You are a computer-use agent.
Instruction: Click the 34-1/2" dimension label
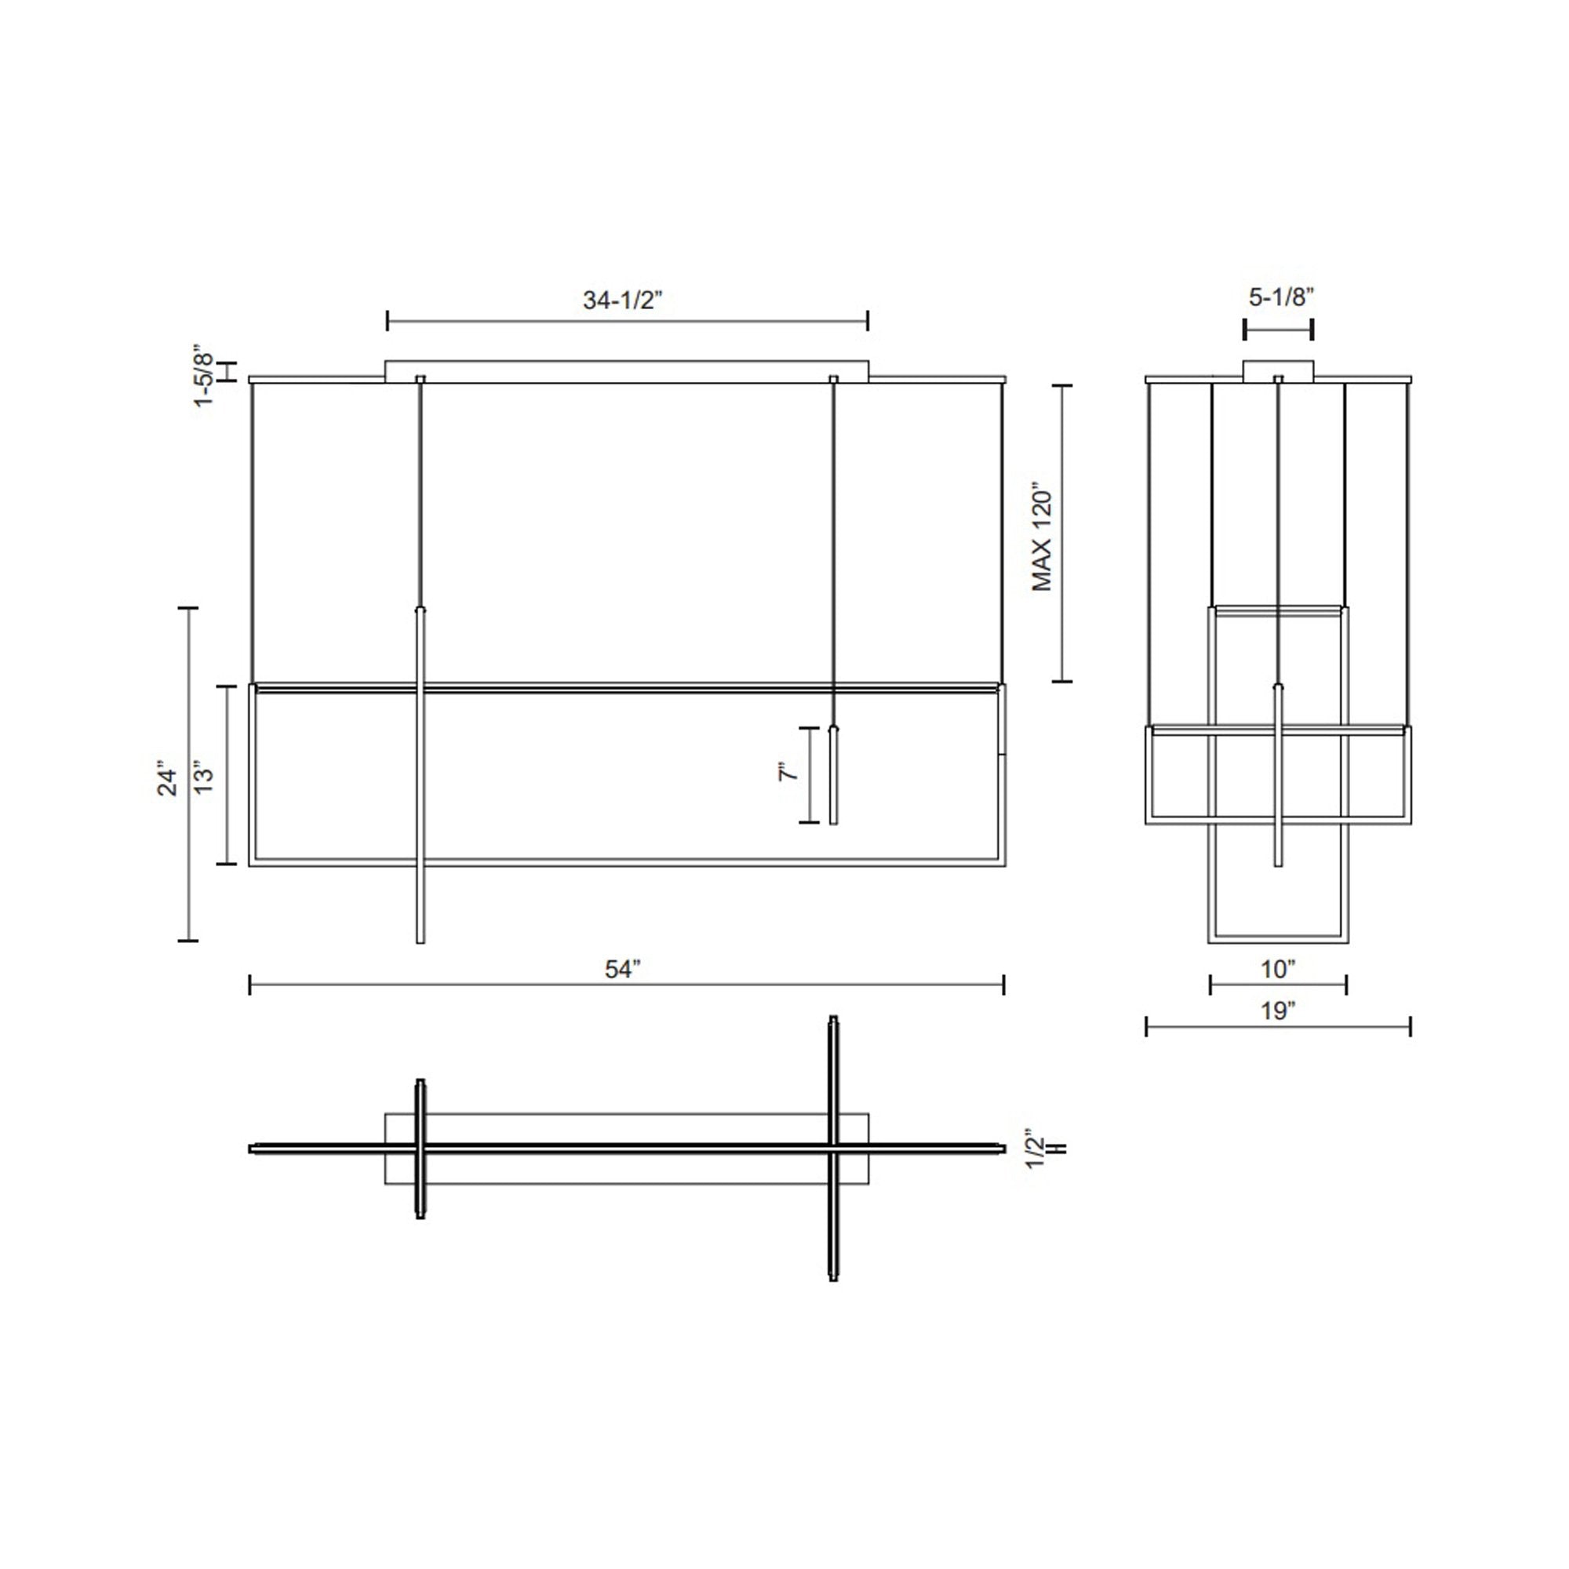623,300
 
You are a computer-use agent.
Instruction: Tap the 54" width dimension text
623,969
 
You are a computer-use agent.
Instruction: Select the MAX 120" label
1042,539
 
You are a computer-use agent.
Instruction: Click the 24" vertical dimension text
166,777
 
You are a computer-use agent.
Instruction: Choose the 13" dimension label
203,777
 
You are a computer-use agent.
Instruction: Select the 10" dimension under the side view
1278,969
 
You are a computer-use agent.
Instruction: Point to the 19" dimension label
1278,1011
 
